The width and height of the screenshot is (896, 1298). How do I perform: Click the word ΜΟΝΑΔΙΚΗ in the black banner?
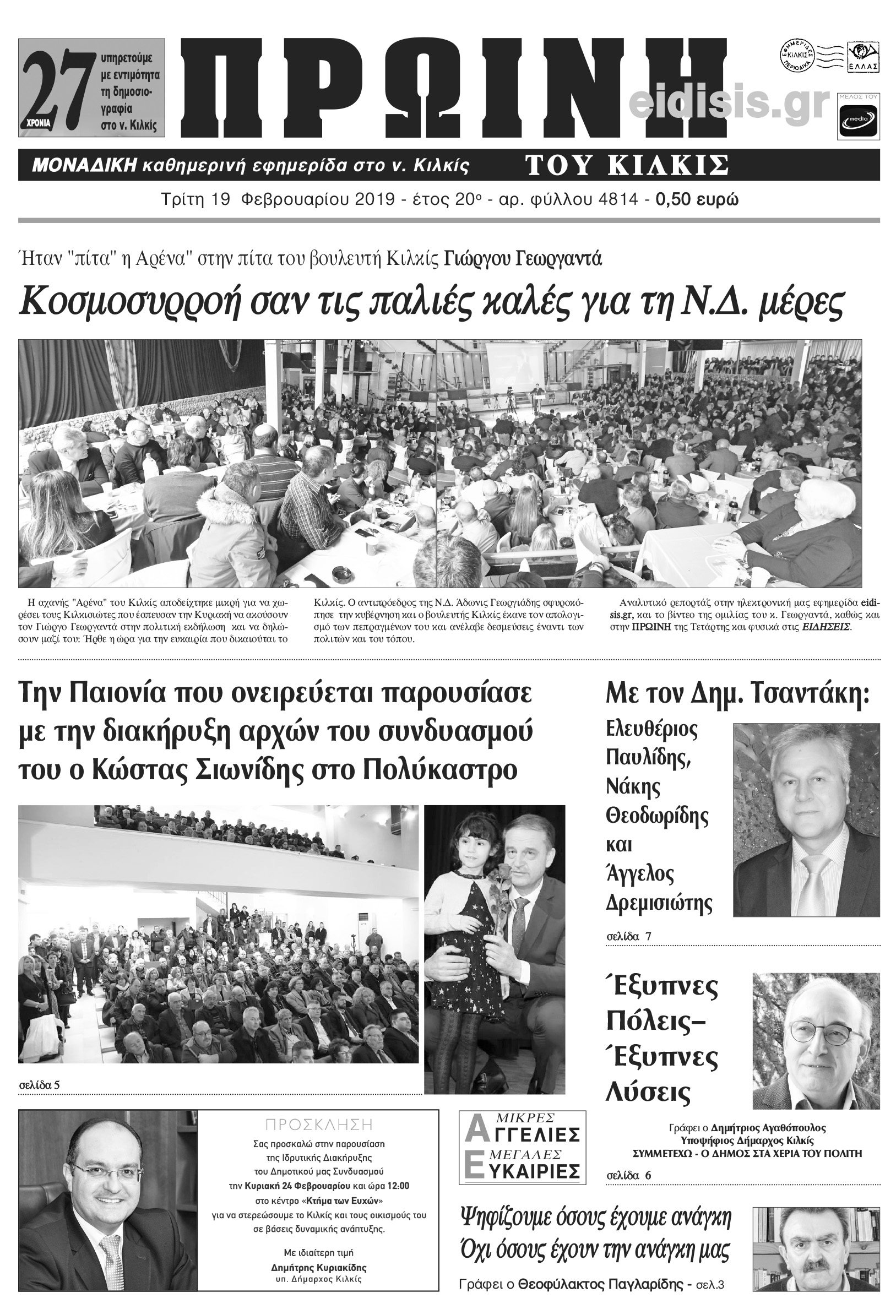tap(85, 166)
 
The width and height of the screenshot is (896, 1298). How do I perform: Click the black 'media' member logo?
tap(858, 120)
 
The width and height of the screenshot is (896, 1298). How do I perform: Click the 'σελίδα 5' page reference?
tap(39, 1085)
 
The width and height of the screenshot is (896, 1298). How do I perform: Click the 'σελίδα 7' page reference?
tap(629, 936)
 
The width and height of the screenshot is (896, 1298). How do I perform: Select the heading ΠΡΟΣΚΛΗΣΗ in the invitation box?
tap(319, 1125)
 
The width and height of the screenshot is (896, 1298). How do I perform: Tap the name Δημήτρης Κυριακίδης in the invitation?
tap(318, 1268)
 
